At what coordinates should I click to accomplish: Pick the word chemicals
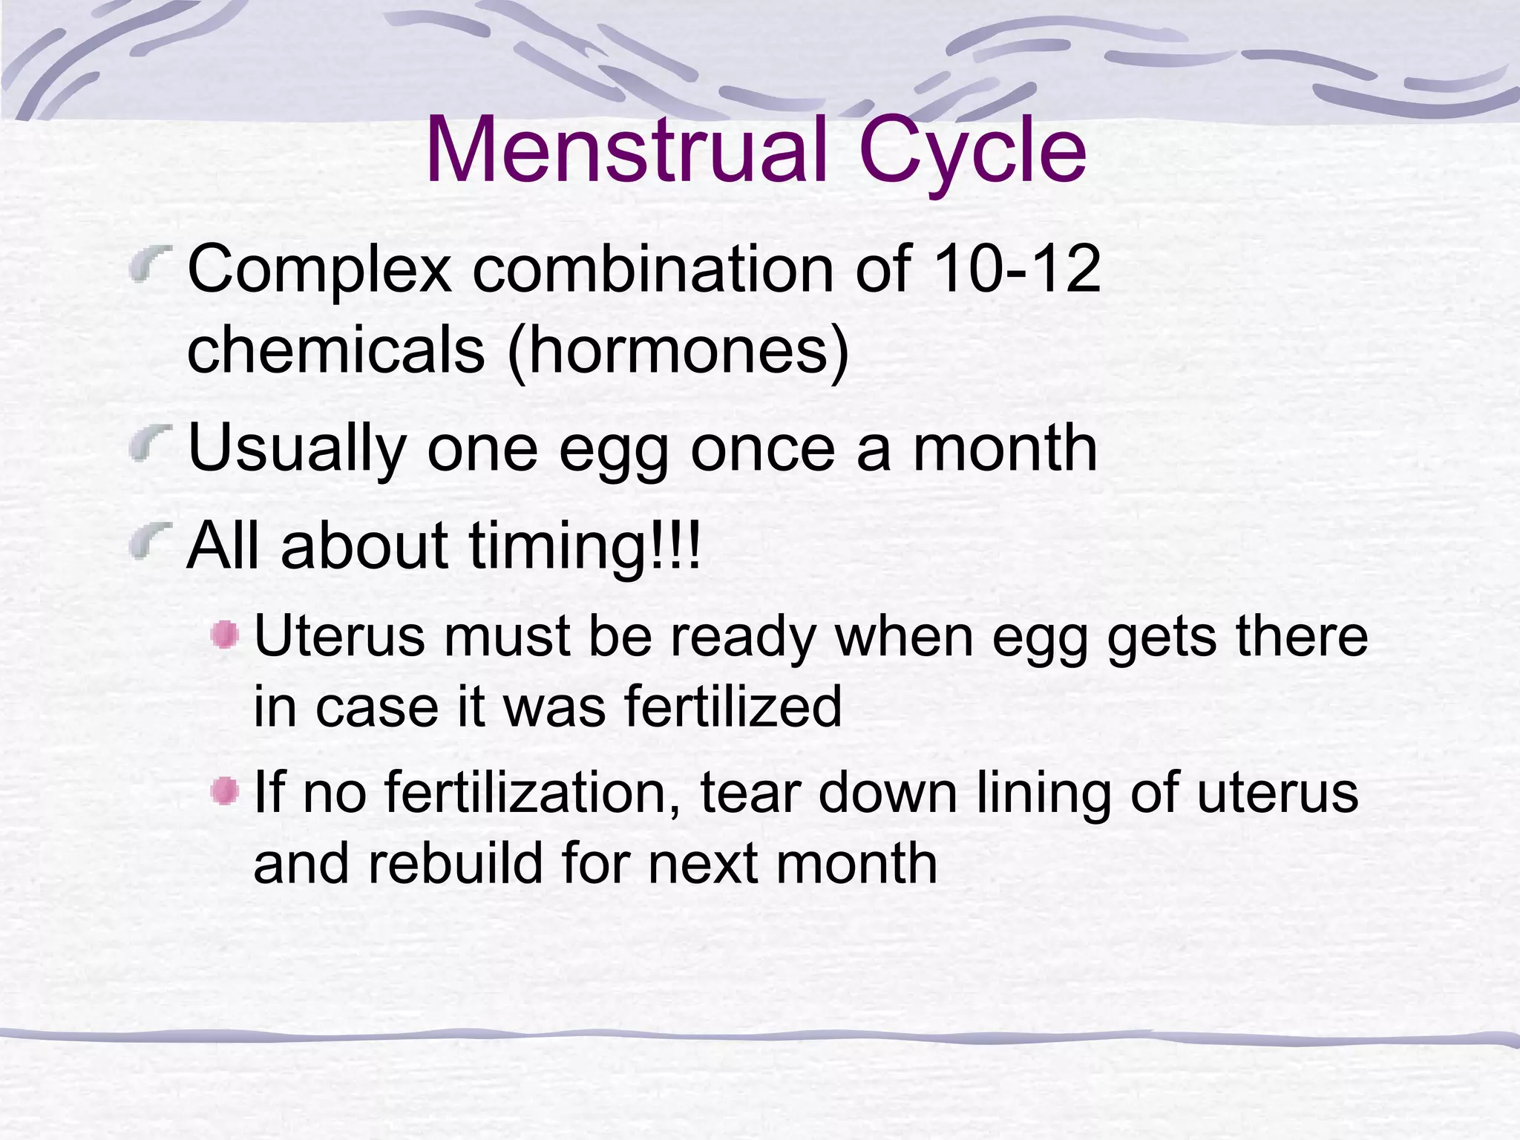point(335,350)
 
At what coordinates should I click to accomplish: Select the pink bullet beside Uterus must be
point(224,635)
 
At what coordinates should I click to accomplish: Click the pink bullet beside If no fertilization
point(224,791)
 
